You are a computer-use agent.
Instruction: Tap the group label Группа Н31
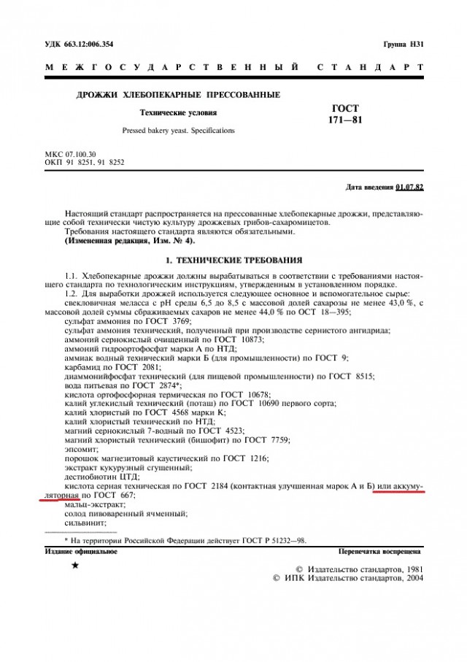[403, 44]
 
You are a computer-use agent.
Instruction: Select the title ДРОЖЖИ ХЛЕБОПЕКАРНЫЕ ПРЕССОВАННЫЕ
[178, 95]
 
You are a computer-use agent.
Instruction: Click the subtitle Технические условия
[178, 113]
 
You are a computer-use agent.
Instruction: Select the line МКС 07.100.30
[71, 155]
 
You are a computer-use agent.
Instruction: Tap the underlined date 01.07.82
[409, 188]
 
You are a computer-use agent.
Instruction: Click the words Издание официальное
[81, 552]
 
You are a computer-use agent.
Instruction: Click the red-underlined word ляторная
[61, 495]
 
